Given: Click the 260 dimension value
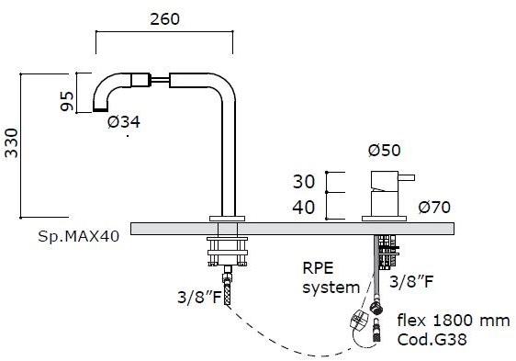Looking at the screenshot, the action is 165,19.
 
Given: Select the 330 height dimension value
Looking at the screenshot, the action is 12,143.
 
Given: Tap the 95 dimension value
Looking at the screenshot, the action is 67,101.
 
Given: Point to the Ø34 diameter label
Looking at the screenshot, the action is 124,122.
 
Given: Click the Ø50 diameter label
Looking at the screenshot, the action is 385,151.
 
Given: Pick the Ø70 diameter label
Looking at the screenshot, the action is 434,208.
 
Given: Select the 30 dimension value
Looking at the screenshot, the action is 304,182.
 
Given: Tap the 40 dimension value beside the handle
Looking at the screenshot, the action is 304,208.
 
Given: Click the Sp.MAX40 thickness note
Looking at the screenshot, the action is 79,236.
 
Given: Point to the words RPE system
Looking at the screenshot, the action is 331,277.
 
